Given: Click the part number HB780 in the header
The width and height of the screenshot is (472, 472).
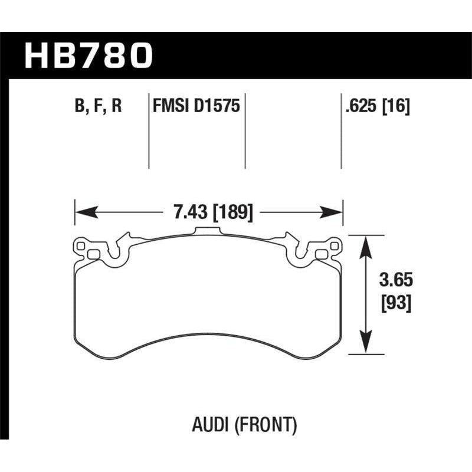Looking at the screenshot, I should click(x=88, y=56).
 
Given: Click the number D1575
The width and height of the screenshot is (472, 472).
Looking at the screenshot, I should click(x=217, y=106).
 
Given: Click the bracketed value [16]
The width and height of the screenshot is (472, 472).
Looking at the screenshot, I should click(x=396, y=106).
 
